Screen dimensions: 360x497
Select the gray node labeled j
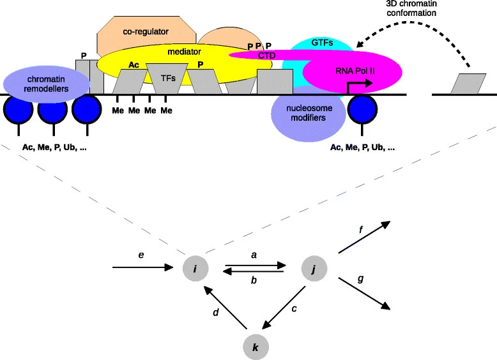pos(312,269)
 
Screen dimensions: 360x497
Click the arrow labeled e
pos(144,269)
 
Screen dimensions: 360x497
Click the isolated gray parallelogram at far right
pos(465,84)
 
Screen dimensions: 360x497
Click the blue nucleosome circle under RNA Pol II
pos(362,110)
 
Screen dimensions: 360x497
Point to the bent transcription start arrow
pos(355,86)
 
